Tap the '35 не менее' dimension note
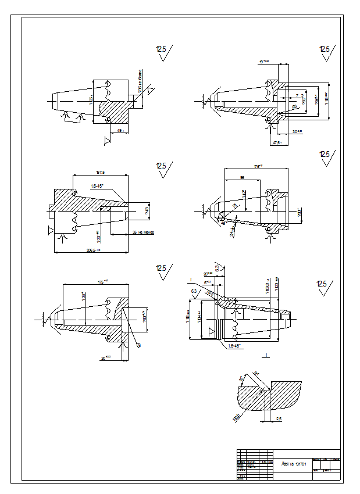[x=142, y=232]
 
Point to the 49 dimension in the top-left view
[x=120, y=131]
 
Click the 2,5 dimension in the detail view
[x=279, y=418]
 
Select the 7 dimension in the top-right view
[x=297, y=95]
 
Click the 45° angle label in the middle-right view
[x=223, y=222]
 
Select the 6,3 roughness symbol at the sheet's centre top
[x=218, y=268]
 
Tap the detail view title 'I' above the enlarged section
[x=266, y=355]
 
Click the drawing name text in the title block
[x=289, y=463]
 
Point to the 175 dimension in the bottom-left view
[x=104, y=282]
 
